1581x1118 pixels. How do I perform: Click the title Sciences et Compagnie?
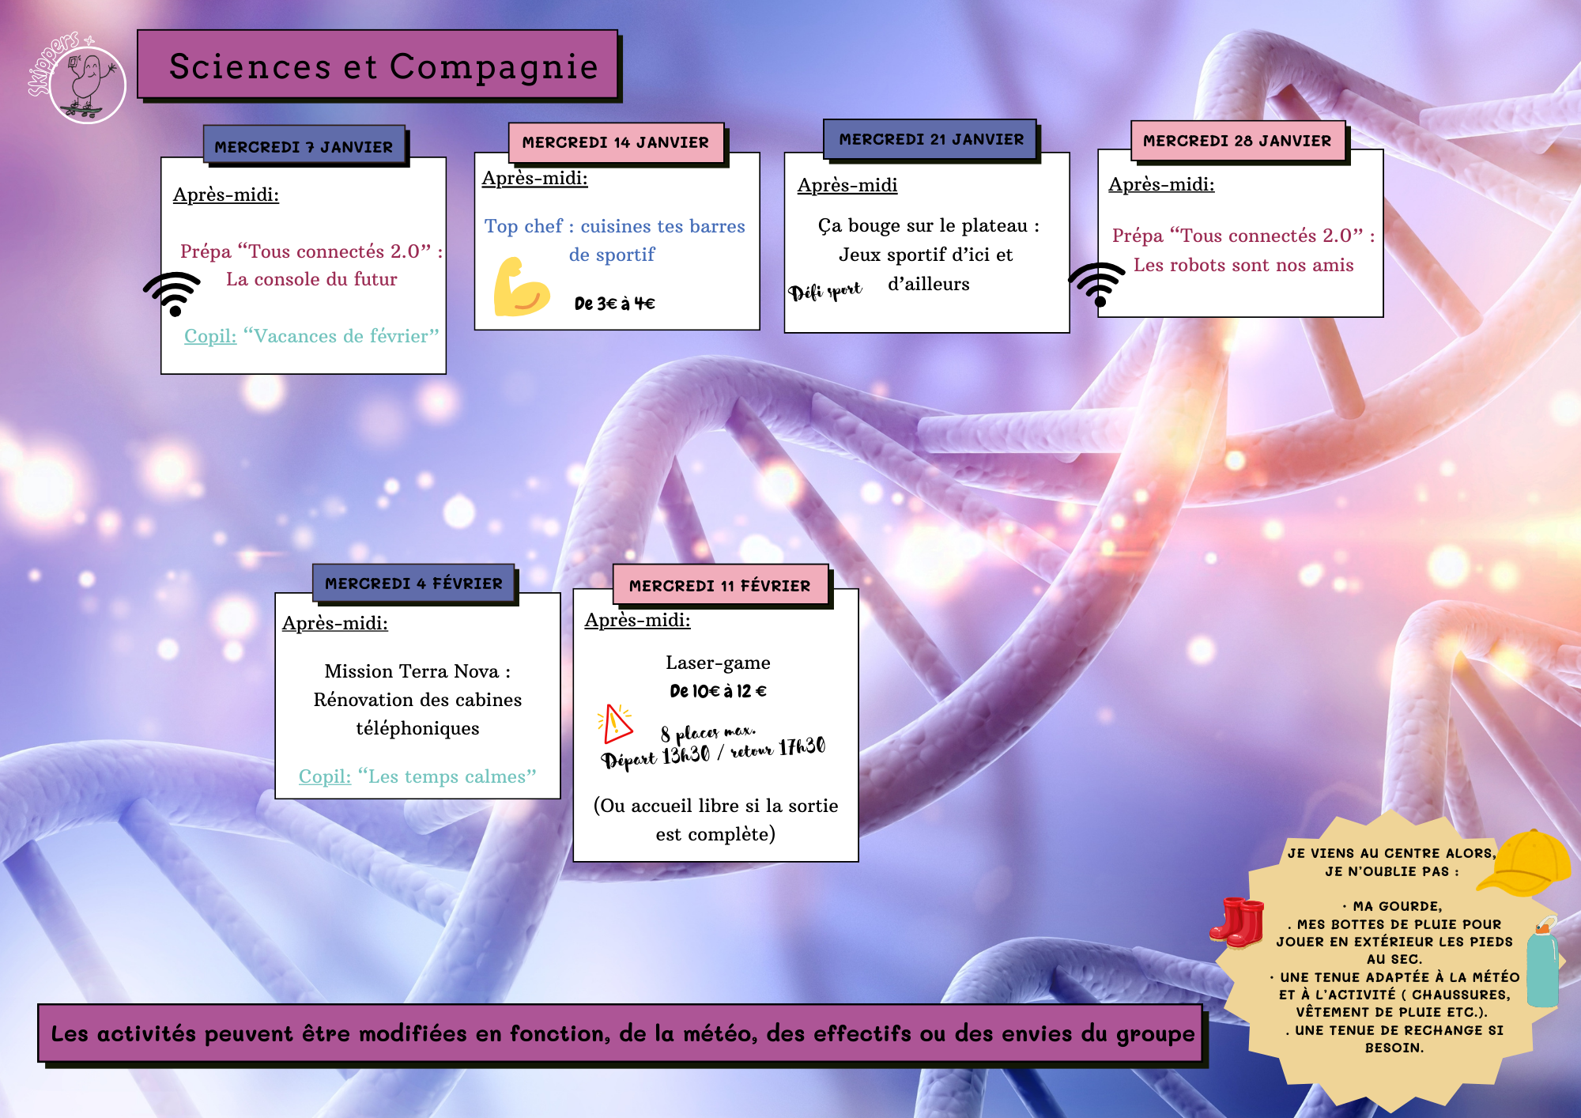pos(383,66)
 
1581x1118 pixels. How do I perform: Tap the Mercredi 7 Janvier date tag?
pos(304,146)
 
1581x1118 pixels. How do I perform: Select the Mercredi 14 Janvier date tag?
pos(616,142)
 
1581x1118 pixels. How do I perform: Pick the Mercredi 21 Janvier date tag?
pos(930,139)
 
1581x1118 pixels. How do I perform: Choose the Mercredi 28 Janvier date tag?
pos(1237,141)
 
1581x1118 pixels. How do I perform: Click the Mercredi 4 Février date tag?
pos(413,584)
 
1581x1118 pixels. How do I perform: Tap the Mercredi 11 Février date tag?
pos(720,586)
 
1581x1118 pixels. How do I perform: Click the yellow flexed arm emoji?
pos(520,287)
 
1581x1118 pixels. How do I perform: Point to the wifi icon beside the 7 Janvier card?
pos(172,293)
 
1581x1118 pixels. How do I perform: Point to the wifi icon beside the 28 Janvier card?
pos(1097,284)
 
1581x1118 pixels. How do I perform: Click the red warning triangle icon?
pos(615,723)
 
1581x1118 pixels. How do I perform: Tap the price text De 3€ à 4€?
pos(614,304)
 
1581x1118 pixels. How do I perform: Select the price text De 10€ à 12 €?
pos(718,691)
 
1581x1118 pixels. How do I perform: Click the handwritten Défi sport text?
pos(824,291)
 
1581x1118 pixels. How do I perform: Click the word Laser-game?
pos(718,663)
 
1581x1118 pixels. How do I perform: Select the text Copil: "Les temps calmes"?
pos(417,776)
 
